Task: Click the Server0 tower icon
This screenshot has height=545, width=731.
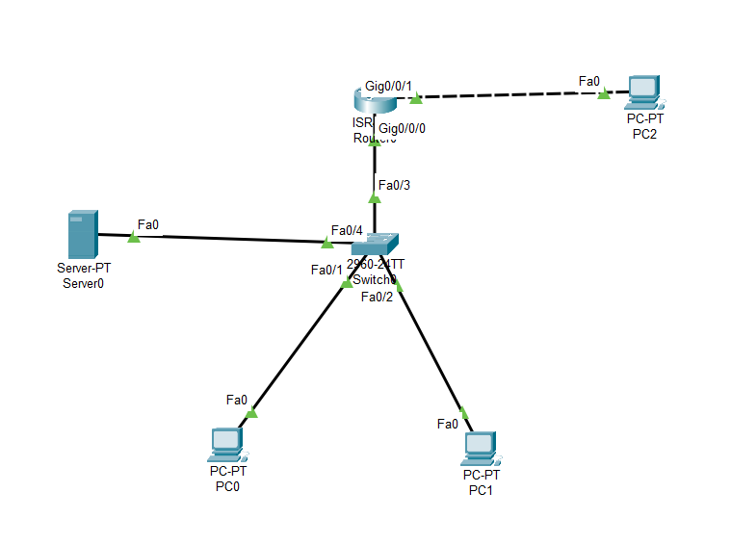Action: [82, 233]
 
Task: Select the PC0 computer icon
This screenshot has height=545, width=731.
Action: [226, 445]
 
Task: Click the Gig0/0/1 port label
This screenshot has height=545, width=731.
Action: [388, 86]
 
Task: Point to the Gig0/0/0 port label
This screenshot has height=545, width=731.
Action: [403, 128]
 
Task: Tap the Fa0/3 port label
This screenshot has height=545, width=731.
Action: [394, 185]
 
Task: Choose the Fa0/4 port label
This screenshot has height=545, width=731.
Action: [347, 230]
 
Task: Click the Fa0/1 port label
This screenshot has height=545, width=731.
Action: [326, 270]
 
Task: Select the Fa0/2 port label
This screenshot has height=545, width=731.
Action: [377, 297]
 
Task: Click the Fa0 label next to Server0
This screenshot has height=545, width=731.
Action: [148, 224]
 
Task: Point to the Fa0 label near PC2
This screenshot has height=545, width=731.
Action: [588, 81]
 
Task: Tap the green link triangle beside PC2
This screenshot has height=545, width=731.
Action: [604, 93]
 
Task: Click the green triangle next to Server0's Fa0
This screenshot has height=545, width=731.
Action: [134, 237]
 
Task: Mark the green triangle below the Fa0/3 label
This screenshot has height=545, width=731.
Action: [375, 197]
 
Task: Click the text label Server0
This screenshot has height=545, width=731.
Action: [82, 282]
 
